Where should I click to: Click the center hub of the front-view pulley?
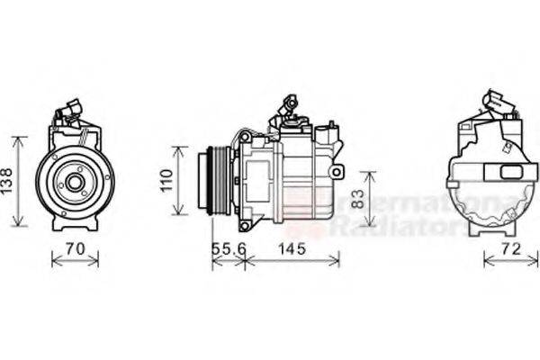[x=75, y=183]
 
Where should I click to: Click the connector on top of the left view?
[x=70, y=112]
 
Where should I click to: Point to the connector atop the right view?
[x=498, y=104]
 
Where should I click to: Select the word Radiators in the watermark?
[x=396, y=227]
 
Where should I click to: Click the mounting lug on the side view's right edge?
[x=337, y=171]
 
